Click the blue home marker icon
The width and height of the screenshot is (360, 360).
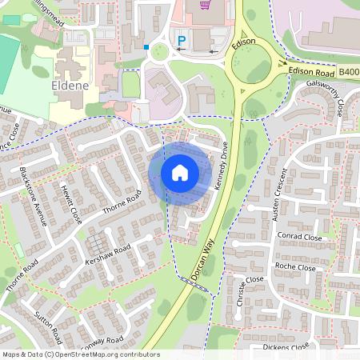pos(179,173)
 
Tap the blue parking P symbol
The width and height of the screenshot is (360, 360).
pos(182,40)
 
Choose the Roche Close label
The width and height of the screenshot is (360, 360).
pos(296,266)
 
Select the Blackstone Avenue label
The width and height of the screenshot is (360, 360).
pos(34,197)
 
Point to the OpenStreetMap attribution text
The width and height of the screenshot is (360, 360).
pos(80,354)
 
